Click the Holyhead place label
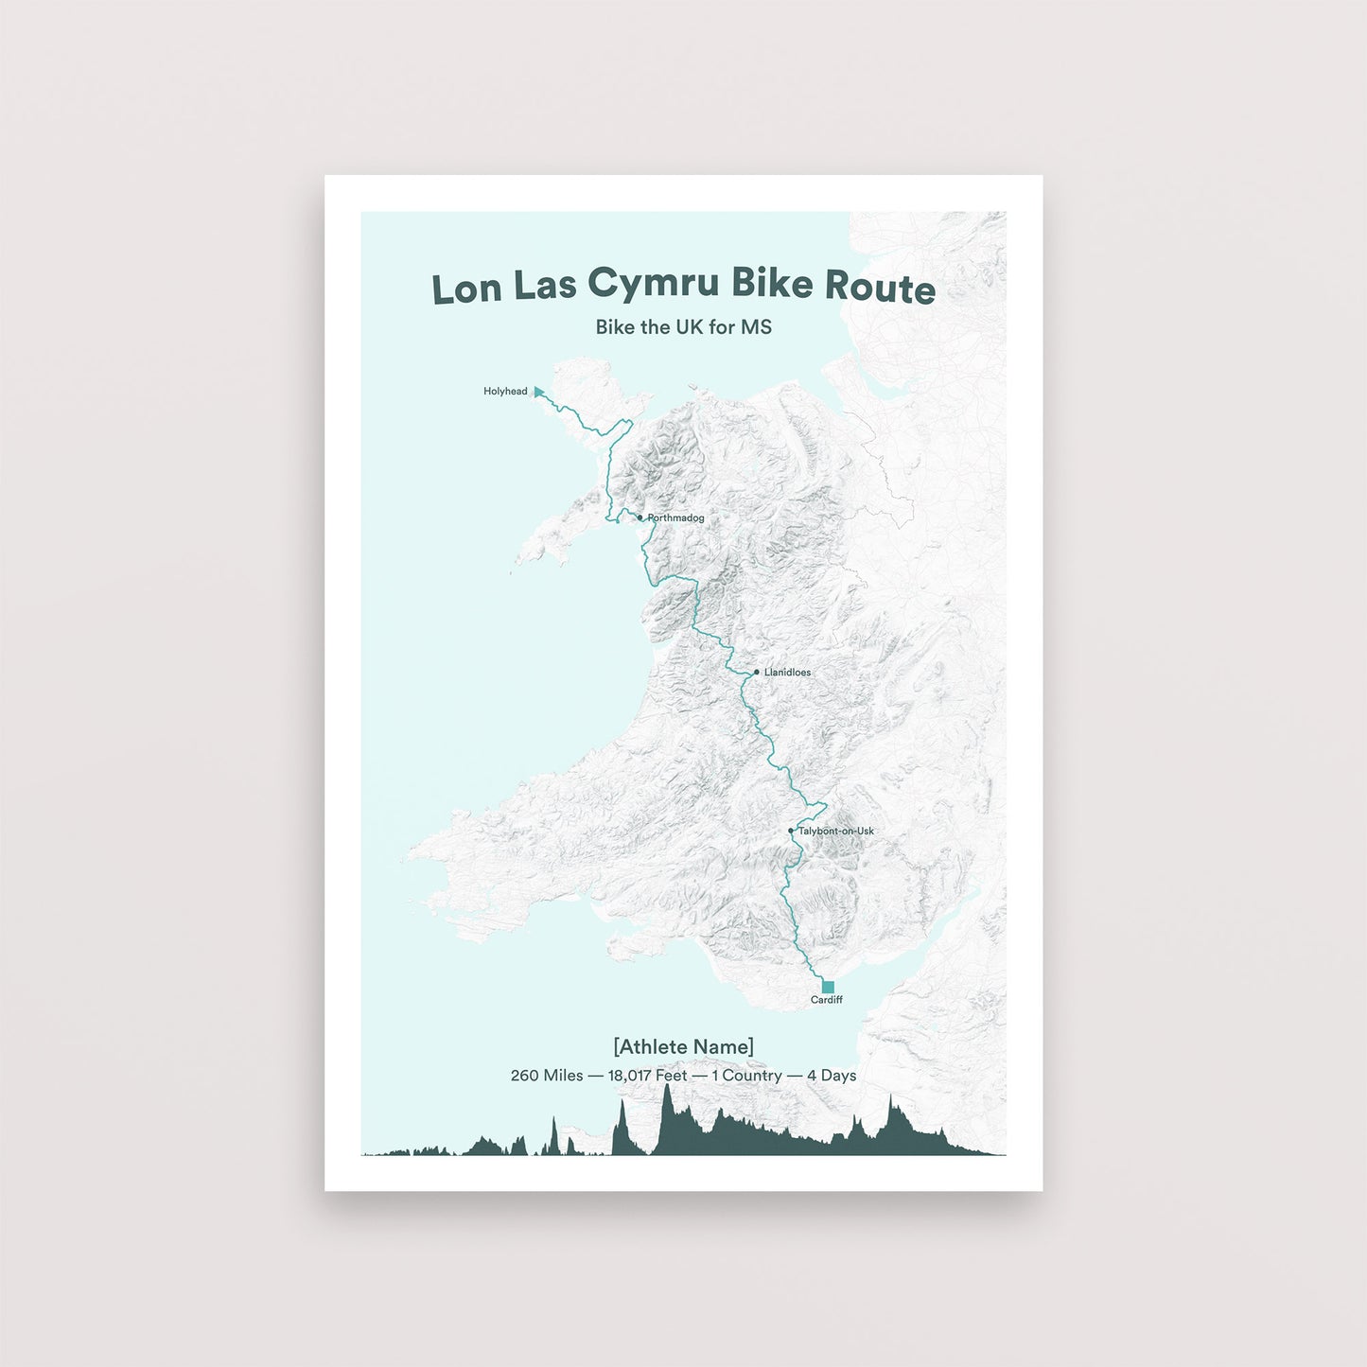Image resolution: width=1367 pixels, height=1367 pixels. pyautogui.click(x=505, y=392)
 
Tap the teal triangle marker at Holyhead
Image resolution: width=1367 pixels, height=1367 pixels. pyautogui.click(x=538, y=392)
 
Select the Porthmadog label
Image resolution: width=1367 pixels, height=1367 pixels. pyautogui.click(x=675, y=518)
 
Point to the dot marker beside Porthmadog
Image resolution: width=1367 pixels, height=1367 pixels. pyautogui.click(x=640, y=517)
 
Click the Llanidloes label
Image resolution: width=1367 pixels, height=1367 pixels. pyautogui.click(x=787, y=673)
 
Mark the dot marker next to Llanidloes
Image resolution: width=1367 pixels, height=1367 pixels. pyautogui.click(x=756, y=673)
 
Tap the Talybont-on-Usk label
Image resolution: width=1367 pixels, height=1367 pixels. pyautogui.click(x=835, y=832)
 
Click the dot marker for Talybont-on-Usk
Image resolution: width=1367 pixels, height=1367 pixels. pyautogui.click(x=791, y=831)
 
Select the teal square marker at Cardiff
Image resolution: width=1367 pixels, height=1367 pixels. pyautogui.click(x=828, y=987)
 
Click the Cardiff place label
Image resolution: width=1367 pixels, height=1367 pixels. pyautogui.click(x=826, y=1000)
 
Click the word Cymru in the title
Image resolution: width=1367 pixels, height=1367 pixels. pyautogui.click(x=653, y=284)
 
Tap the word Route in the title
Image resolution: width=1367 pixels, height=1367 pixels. pyautogui.click(x=880, y=287)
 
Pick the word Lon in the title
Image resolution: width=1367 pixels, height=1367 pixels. pyautogui.click(x=466, y=289)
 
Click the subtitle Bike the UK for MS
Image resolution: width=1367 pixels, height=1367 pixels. pyautogui.click(x=683, y=327)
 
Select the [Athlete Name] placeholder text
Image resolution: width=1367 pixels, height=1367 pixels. pyautogui.click(x=683, y=1046)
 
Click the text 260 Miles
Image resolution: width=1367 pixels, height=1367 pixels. pyautogui.click(x=546, y=1076)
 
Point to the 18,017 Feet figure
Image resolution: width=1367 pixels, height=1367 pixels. pyautogui.click(x=647, y=1076)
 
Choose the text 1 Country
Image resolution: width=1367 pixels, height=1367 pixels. pyautogui.click(x=746, y=1076)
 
